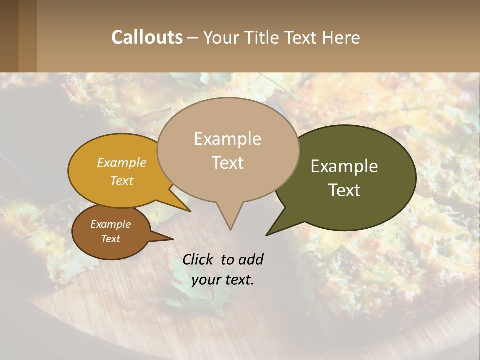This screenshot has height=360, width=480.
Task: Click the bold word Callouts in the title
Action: [x=147, y=37]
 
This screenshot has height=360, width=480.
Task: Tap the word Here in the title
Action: [x=342, y=37]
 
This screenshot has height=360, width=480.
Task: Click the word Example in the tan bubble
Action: [x=227, y=139]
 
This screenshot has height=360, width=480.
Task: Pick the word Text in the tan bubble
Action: [x=228, y=163]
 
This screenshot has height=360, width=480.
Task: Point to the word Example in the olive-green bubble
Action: [x=344, y=166]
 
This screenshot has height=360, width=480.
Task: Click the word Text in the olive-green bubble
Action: [x=345, y=190]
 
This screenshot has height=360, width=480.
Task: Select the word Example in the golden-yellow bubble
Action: [x=122, y=163]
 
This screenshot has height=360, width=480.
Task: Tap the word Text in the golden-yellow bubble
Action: [x=122, y=180]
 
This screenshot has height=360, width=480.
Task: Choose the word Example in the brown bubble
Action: [x=111, y=224]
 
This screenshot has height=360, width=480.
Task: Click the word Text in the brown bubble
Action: [x=111, y=239]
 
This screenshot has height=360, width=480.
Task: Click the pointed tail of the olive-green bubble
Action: [x=272, y=231]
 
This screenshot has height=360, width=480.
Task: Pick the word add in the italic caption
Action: [x=251, y=259]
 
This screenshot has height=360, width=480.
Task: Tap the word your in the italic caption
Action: [x=205, y=279]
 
